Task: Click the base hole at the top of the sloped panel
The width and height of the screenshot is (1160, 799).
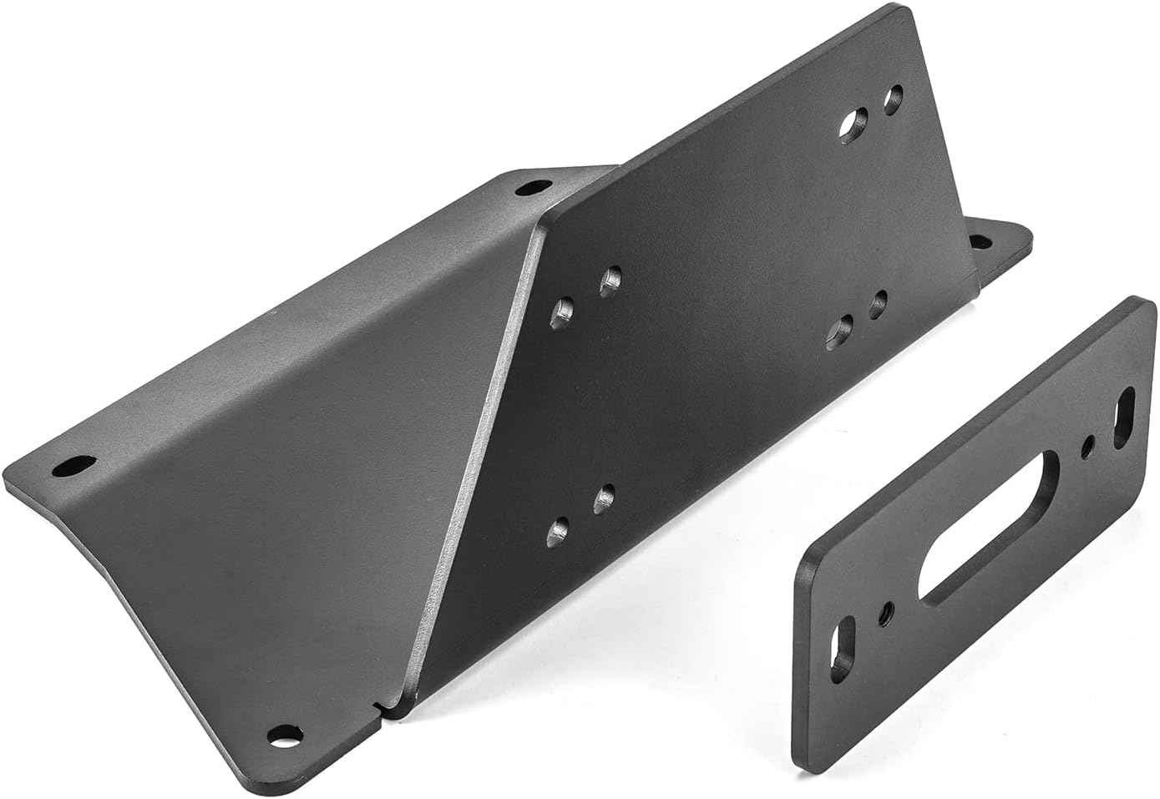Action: pos(527,188)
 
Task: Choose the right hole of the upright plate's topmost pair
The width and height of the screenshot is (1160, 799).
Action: pos(894,99)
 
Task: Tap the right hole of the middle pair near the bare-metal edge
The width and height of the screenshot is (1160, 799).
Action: pos(610,280)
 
